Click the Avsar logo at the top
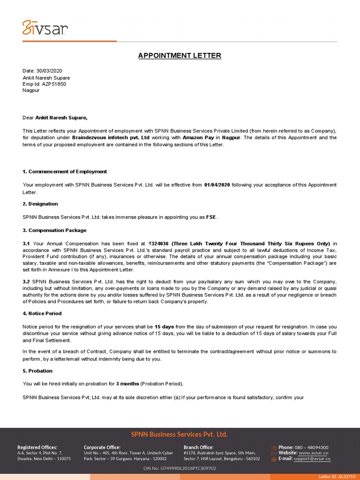[45, 29]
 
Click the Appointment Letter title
[180, 56]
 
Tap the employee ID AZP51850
[54, 84]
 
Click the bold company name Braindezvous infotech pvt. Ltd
[111, 138]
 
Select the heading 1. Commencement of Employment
[65, 172]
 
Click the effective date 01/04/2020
[217, 185]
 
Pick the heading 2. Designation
[40, 204]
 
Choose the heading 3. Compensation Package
[54, 231]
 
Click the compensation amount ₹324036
[158, 244]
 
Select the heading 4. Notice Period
[42, 314]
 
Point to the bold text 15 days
[164, 326]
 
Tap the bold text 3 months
[127, 383]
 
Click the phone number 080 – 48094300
[311, 447]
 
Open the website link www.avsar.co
[313, 453]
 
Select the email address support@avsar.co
[313, 458]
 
